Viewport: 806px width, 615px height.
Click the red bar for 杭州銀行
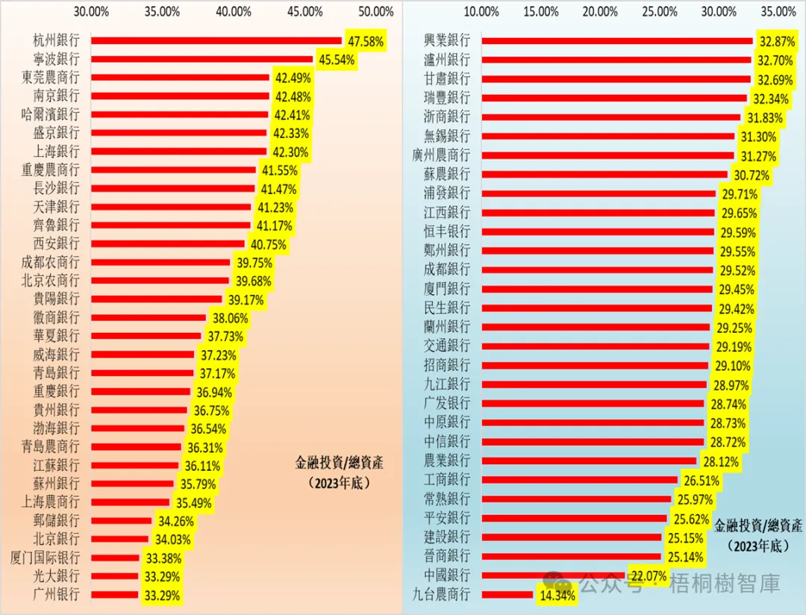tap(216, 41)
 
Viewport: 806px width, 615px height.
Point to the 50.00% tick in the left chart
tap(375, 12)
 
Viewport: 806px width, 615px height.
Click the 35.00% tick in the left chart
tap(163, 12)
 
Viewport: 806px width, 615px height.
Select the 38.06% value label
tap(226, 318)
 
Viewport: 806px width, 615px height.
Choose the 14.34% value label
tap(555, 595)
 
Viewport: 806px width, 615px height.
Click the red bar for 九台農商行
tap(507, 595)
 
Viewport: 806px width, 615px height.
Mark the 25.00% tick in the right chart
tap(660, 12)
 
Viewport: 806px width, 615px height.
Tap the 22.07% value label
tap(648, 575)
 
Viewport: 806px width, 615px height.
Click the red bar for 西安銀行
tap(168, 244)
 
